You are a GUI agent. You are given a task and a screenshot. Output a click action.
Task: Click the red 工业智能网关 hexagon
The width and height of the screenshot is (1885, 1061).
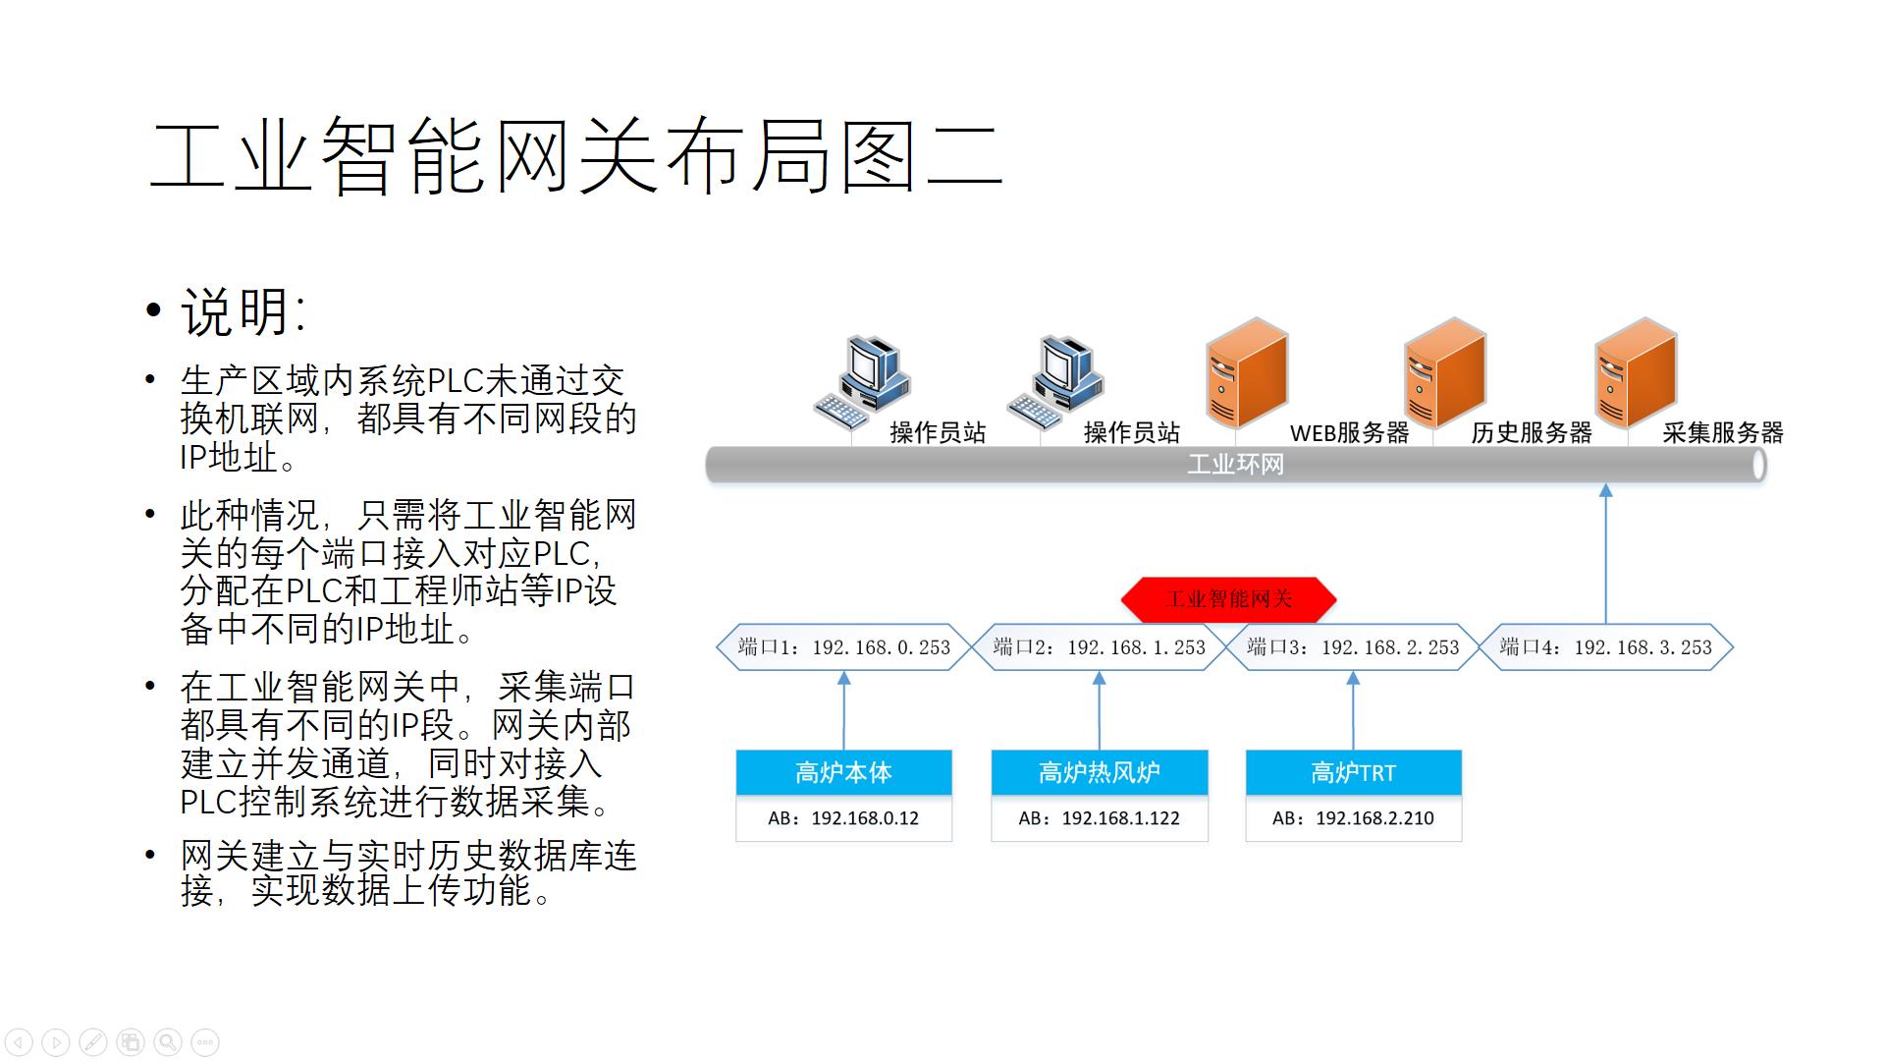(1228, 599)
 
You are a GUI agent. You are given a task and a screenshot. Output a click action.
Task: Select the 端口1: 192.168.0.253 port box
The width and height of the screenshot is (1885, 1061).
(843, 647)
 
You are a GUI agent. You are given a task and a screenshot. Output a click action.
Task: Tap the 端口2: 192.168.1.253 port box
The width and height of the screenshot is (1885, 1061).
(1099, 647)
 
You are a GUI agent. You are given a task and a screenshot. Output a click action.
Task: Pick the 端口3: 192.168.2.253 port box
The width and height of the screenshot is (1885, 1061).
(1352, 647)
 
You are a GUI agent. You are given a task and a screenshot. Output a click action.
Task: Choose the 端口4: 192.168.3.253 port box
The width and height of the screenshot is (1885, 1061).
(1605, 647)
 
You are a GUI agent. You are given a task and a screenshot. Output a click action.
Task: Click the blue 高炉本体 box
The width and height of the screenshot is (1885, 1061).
(843, 773)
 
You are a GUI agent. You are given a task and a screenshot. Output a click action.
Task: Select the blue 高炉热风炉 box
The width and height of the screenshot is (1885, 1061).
(1099, 773)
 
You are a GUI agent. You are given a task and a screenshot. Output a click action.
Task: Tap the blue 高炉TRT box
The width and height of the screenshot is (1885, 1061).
(1353, 773)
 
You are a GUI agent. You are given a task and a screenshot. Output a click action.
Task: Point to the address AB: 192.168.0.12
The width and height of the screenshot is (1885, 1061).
(843, 818)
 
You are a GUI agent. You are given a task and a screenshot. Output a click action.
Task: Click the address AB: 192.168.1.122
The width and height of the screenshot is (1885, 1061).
(1099, 818)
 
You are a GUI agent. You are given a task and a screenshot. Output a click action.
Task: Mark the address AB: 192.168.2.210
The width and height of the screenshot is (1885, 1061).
(1353, 818)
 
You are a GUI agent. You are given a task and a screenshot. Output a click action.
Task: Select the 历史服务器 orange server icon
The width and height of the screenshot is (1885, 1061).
(1444, 373)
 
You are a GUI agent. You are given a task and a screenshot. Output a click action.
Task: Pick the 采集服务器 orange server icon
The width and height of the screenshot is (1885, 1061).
(1636, 373)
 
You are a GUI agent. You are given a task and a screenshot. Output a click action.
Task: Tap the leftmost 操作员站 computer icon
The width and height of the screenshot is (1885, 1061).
(862, 383)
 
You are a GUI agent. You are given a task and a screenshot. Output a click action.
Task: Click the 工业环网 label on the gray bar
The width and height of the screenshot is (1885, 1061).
(1235, 465)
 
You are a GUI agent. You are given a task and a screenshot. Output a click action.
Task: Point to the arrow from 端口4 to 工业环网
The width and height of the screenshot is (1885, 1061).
(1605, 555)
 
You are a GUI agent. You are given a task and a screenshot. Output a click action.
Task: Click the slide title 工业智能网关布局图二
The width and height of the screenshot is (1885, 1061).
(575, 157)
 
